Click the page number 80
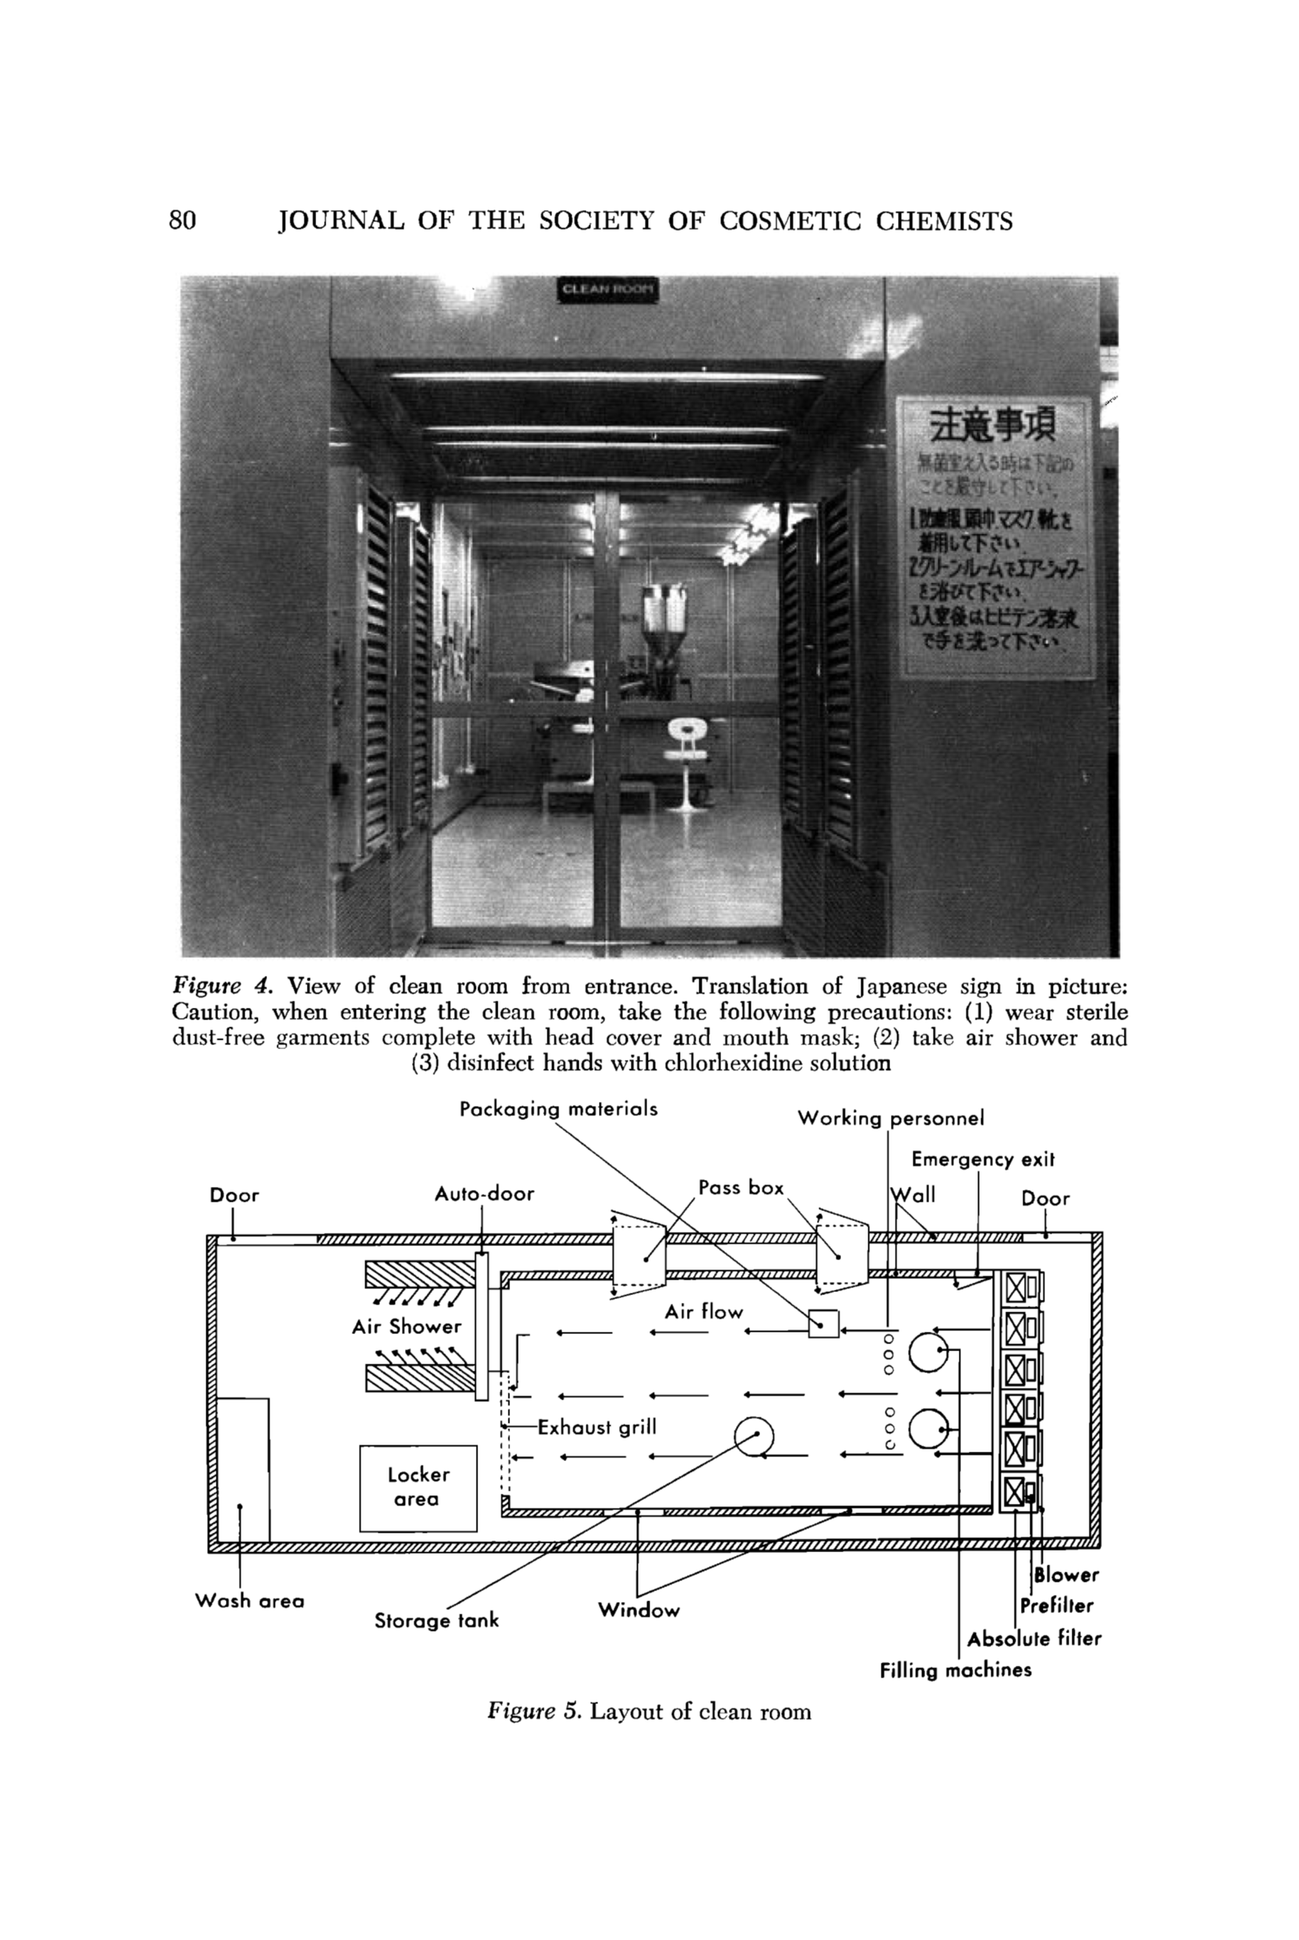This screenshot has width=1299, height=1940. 182,220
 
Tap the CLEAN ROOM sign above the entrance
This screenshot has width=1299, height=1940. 608,289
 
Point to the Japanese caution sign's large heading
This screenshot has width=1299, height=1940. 992,426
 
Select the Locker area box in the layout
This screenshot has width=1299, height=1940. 417,1487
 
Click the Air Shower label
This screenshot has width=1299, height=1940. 406,1326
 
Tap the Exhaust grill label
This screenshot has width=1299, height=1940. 597,1427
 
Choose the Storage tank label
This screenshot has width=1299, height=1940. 436,1620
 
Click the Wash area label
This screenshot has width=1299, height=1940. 249,1600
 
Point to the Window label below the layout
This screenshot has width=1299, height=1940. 638,1610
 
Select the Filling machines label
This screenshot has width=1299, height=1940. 956,1670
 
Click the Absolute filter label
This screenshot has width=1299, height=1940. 1034,1639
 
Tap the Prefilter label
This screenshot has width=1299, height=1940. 1056,1605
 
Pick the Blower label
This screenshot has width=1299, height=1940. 1066,1575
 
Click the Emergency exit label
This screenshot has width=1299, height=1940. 983,1159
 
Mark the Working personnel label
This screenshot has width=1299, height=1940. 891,1118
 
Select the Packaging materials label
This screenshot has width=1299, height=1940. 558,1108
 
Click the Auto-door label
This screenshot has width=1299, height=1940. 484,1194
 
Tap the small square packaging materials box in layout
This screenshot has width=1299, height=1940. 822,1323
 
